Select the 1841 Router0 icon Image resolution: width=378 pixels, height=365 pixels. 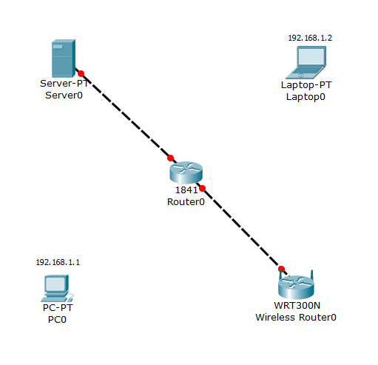(185, 172)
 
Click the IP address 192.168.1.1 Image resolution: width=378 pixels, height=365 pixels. (58, 262)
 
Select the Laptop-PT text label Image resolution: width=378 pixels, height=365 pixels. (306, 85)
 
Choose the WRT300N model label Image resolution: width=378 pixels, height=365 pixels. (296, 306)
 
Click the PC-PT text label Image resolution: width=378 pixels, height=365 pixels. (57, 307)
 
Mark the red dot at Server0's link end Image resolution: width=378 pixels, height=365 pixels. (81, 73)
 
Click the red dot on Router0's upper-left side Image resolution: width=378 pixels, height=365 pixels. (170, 158)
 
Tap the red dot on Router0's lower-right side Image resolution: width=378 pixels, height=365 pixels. (201, 188)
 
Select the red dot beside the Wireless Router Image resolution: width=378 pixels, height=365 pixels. (281, 268)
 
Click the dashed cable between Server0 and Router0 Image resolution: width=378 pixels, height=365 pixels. (126, 115)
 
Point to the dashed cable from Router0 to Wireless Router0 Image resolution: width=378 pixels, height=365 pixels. (241, 228)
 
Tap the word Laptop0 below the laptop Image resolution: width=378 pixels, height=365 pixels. (306, 96)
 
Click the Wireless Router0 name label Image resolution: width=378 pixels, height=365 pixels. (296, 317)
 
